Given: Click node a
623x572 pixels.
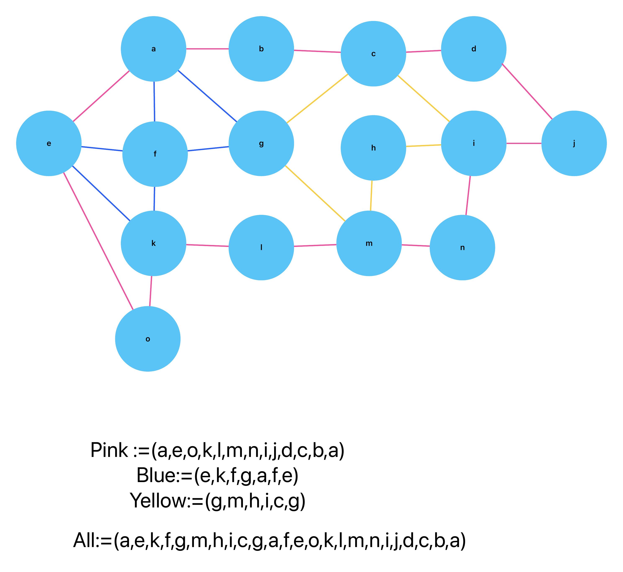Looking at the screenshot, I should point(153,49).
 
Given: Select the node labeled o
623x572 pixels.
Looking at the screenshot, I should point(148,339).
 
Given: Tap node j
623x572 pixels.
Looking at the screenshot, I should point(574,143).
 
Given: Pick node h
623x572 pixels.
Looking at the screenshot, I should point(373,148).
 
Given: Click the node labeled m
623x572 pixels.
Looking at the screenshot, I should point(369,243).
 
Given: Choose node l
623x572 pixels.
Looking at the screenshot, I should point(261,247).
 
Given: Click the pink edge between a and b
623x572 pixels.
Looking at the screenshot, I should point(207,49).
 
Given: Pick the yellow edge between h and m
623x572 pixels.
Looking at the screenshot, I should point(371,196).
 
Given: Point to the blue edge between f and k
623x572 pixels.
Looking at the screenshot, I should point(154,199).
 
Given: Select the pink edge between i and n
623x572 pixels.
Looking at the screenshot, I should point(468,196).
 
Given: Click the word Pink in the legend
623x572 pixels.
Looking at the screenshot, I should point(109,450).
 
